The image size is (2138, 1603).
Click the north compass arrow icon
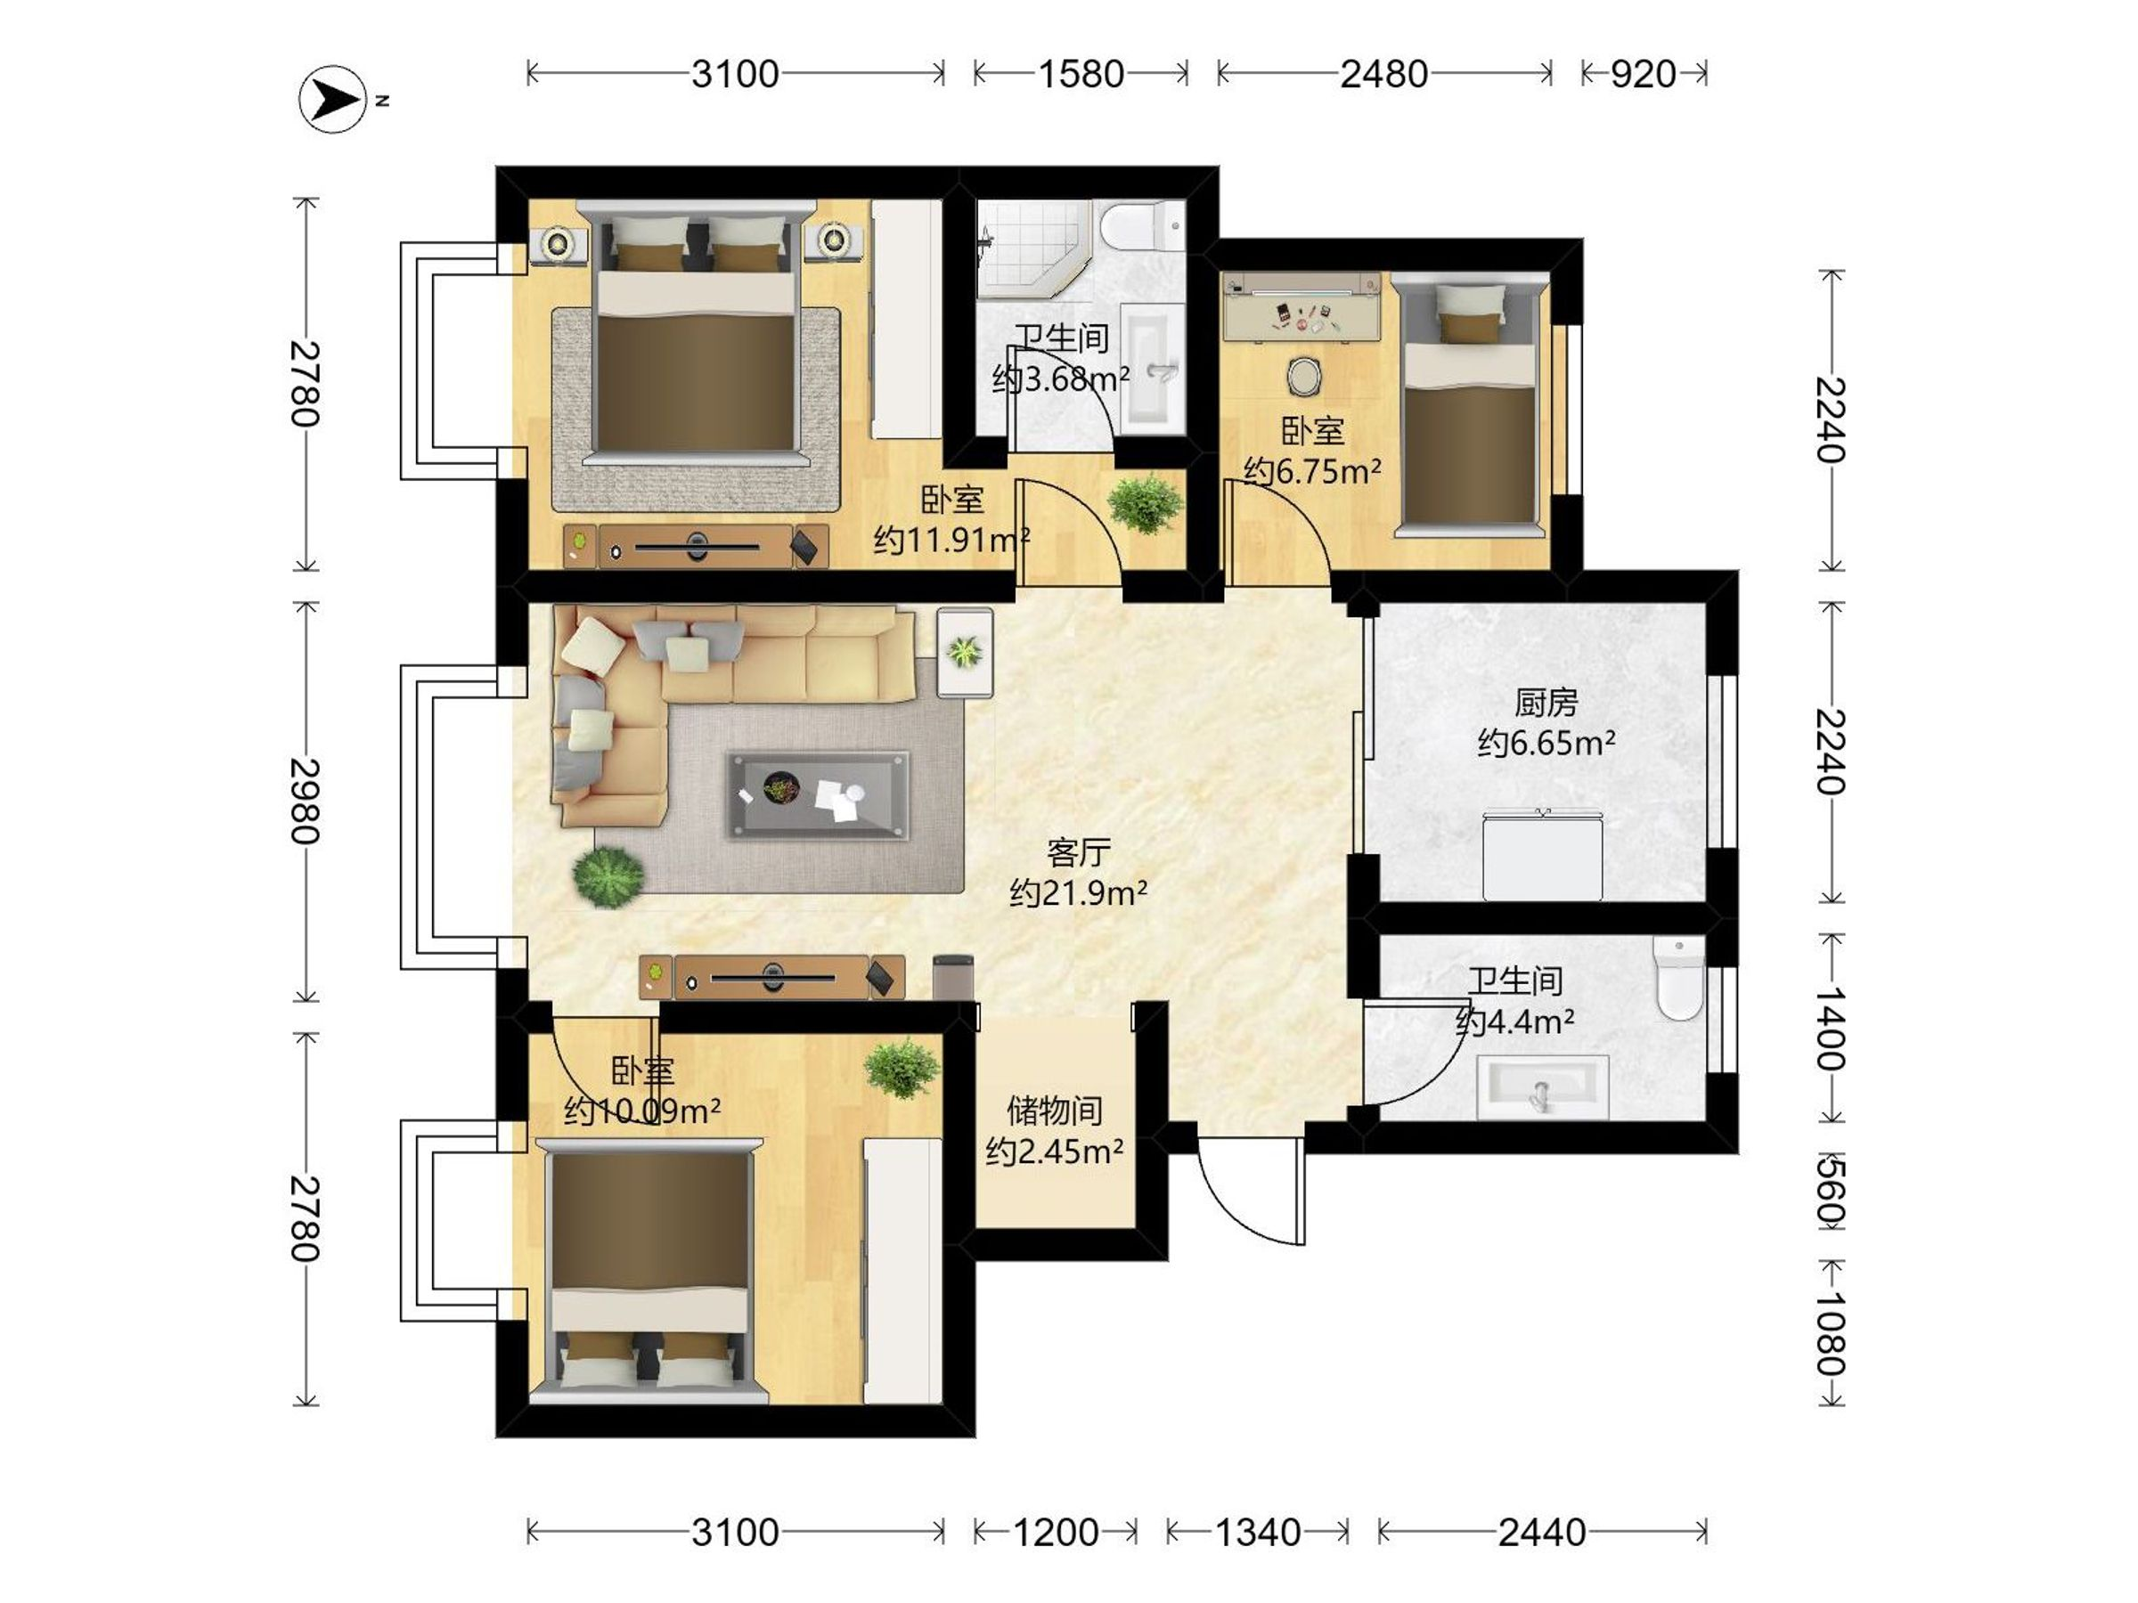(332, 99)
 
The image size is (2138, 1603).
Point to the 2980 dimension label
(306, 801)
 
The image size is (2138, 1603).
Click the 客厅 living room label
(1078, 852)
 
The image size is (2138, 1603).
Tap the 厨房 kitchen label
(1546, 703)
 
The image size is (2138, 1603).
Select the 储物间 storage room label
(1055, 1111)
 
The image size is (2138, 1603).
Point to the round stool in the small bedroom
(1304, 377)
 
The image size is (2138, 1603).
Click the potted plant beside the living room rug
(608, 877)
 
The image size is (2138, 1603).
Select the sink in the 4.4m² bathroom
(1543, 1087)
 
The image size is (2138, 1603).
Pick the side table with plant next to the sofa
(965, 652)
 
